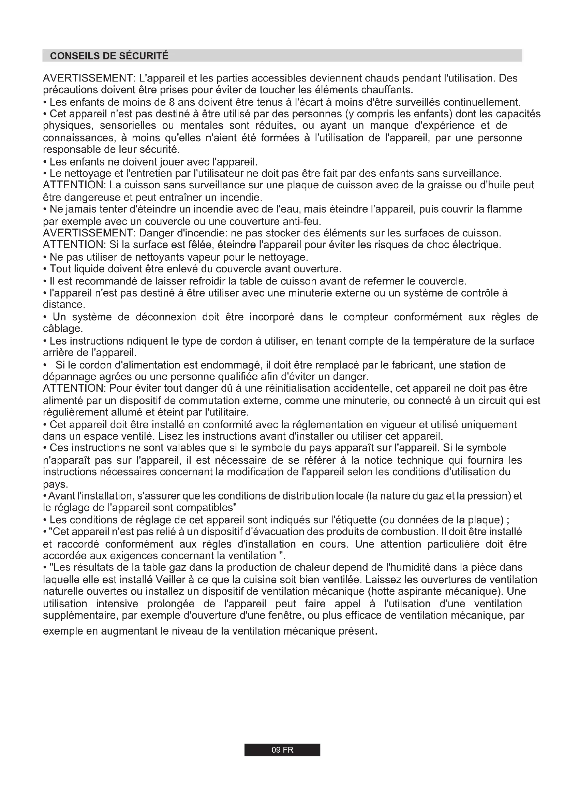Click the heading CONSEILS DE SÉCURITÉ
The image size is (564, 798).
point(109,56)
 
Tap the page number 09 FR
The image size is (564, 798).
point(282,750)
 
